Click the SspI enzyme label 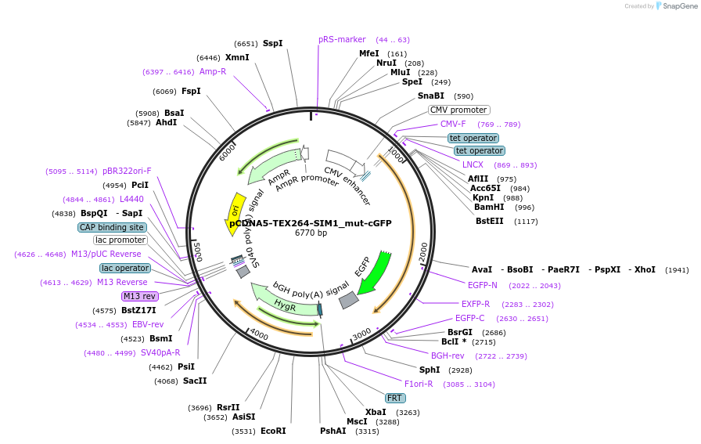(x=273, y=43)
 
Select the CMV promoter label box (x=458, y=110)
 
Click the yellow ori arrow (x=234, y=209)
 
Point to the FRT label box (x=395, y=398)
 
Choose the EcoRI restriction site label (x=273, y=431)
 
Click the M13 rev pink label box (x=139, y=296)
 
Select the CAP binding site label (x=112, y=227)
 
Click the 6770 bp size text (x=311, y=233)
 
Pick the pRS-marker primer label (x=342, y=39)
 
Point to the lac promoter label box (x=120, y=240)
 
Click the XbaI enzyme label (x=376, y=412)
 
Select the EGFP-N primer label (x=482, y=285)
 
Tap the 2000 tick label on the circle (x=423, y=252)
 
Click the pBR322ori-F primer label (x=127, y=171)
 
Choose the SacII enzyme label (x=195, y=381)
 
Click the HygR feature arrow (x=285, y=305)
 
